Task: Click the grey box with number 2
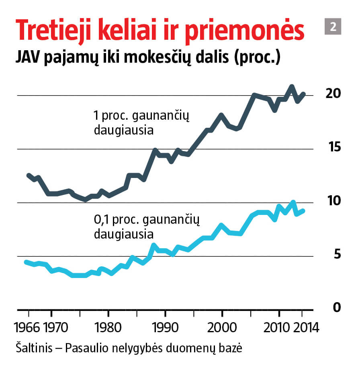coord(333,27)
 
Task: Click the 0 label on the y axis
coord(337,308)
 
